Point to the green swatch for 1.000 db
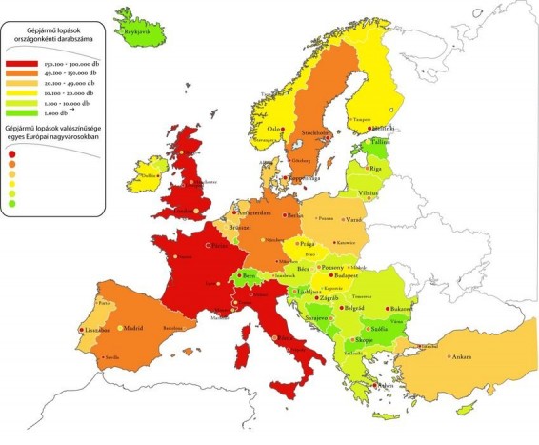coord(31,112)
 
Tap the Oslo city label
coord(277,129)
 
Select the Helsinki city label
coord(383,129)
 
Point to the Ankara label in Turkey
coord(461,356)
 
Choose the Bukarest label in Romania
coord(401,311)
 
